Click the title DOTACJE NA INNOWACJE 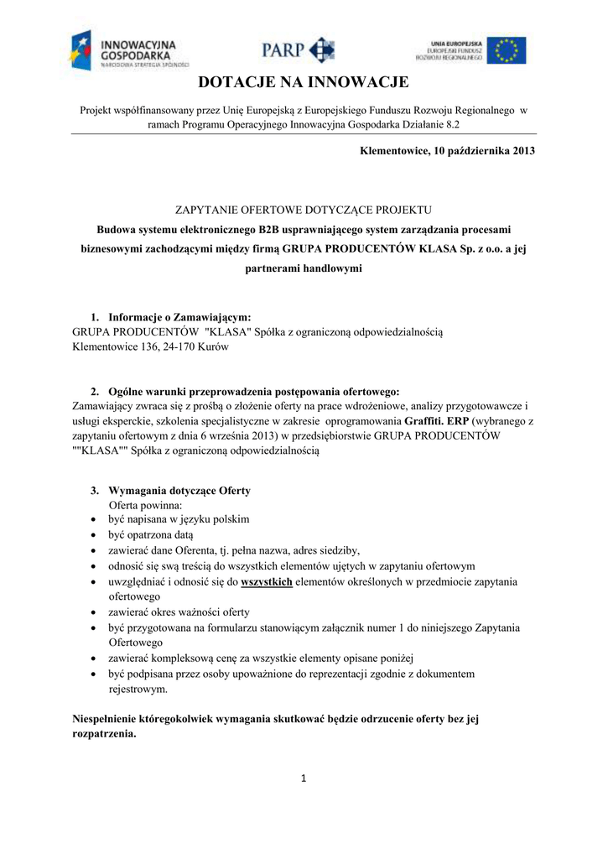[303, 82]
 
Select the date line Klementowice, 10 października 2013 [447, 151]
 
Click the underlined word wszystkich [267, 581]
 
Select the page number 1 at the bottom [304, 779]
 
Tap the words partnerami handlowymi [303, 269]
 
